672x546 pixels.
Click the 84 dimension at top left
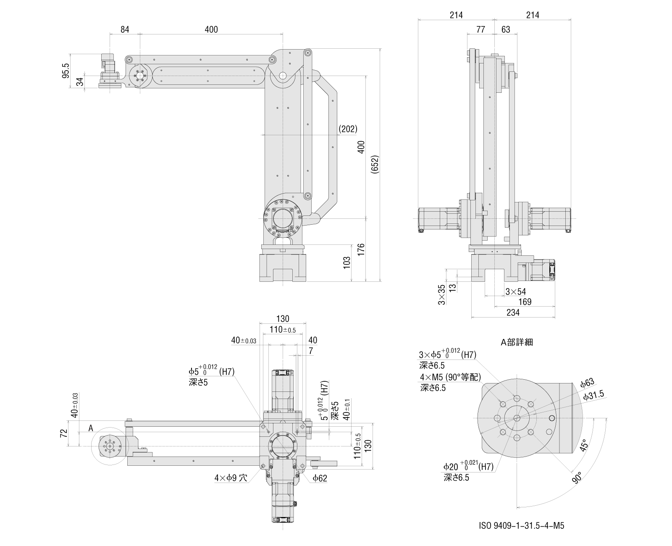[124, 29]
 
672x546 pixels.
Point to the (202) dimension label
[348, 129]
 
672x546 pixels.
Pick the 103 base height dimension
[346, 262]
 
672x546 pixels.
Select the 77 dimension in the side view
[481, 29]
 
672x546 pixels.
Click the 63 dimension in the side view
[506, 29]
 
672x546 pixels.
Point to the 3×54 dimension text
[515, 291]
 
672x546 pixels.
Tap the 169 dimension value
[525, 302]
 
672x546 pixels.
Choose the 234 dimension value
[513, 312]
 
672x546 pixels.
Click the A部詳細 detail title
[517, 342]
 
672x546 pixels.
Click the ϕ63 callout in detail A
[588, 383]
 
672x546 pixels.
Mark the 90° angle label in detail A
[577, 478]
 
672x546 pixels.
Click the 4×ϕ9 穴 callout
[231, 478]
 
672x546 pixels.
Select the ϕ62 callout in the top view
[320, 478]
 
